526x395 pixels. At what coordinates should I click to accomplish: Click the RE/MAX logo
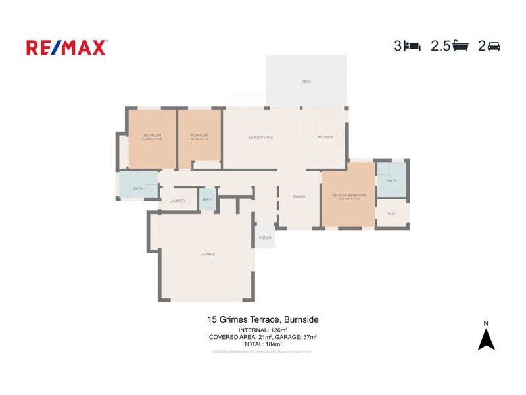tap(66, 47)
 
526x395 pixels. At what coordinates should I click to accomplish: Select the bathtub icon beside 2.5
tap(460, 46)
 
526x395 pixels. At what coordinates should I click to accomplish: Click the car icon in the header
tap(494, 46)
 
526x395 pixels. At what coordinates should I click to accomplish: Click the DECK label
tap(306, 82)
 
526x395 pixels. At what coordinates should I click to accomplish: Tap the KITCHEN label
tap(325, 137)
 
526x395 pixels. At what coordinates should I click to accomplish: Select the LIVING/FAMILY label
tap(261, 137)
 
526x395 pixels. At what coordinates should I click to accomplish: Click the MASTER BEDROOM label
tap(348, 196)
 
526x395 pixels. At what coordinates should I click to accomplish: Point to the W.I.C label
tap(391, 213)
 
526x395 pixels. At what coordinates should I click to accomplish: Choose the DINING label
tap(299, 196)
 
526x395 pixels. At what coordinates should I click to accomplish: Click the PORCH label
tap(265, 238)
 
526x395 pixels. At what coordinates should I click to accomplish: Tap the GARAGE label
tap(208, 254)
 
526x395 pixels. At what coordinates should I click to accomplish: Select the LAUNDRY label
tap(178, 201)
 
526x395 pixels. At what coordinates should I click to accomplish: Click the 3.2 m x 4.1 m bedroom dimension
tap(152, 139)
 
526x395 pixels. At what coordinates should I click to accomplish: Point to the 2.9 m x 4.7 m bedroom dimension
tap(199, 139)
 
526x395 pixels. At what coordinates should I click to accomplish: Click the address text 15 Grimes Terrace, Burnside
tap(263, 319)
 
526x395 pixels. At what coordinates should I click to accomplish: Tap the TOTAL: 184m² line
tap(263, 344)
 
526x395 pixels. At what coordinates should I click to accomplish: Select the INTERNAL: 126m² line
tap(263, 330)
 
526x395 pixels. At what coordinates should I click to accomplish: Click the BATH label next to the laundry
tap(208, 199)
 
